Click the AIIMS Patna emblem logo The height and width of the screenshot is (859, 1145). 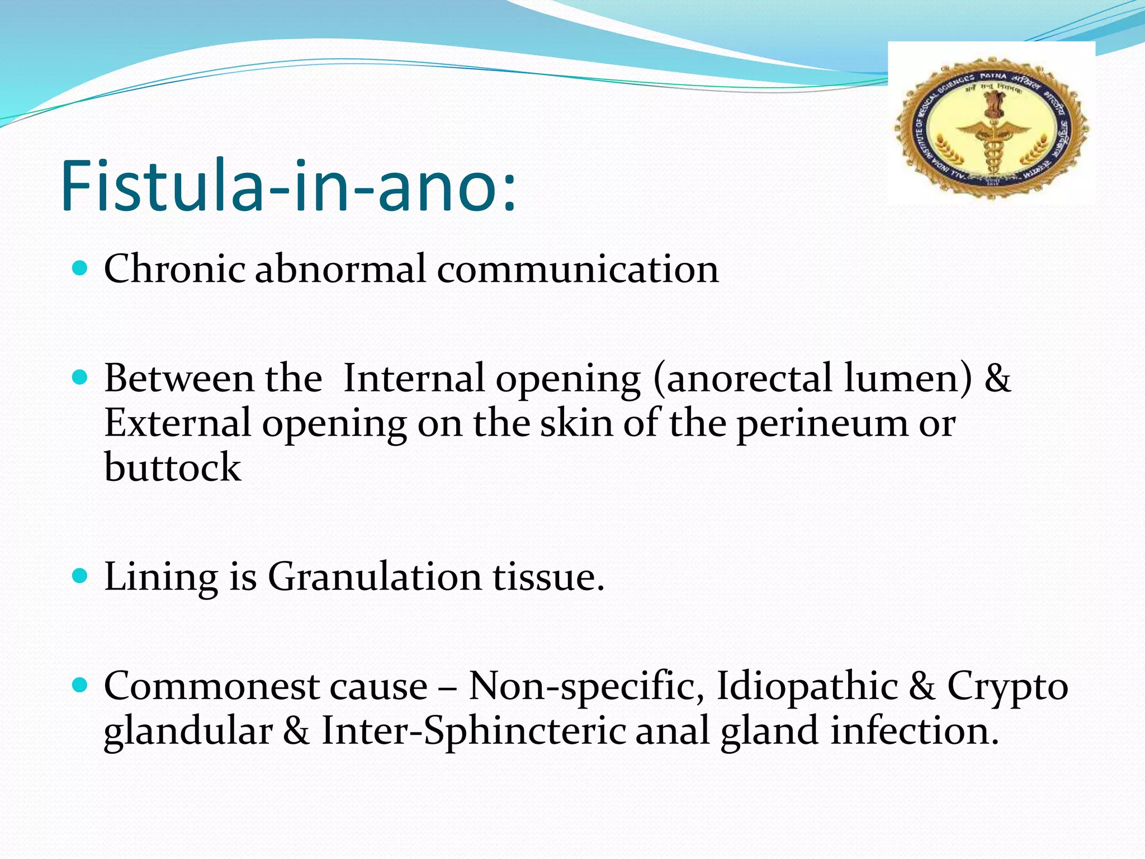click(x=991, y=126)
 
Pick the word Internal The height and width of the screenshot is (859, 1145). click(x=414, y=378)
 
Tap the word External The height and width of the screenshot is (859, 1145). click(x=178, y=423)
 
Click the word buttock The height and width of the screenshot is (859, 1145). click(x=172, y=468)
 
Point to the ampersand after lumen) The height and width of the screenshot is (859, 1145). click(x=997, y=378)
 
